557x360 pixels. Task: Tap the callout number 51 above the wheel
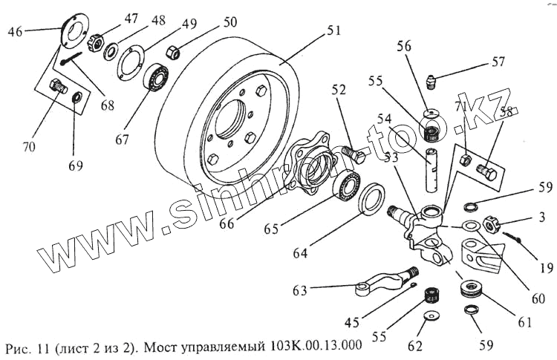point(333,32)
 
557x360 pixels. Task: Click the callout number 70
point(29,147)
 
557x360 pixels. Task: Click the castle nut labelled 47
point(95,43)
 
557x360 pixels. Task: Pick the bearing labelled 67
point(158,77)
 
